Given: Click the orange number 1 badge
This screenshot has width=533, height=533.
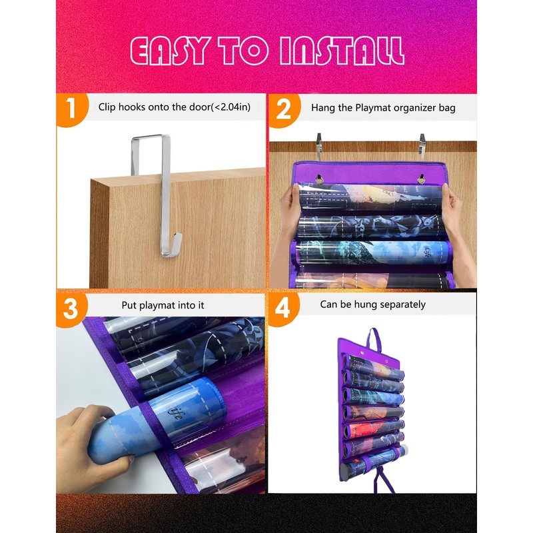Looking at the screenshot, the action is [x=72, y=109].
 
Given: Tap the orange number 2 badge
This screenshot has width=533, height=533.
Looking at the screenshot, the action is [x=284, y=110].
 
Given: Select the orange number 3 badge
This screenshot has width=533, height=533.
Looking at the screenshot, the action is [x=71, y=309].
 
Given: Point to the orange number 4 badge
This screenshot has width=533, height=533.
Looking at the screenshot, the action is [x=283, y=308].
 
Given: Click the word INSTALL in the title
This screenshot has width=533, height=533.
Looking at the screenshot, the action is [x=342, y=51].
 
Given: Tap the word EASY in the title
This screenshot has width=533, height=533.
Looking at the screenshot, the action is [x=169, y=51].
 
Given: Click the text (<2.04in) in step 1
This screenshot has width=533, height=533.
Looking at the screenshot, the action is [x=231, y=107].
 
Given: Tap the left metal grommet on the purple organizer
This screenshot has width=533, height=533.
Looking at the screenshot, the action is [x=319, y=179].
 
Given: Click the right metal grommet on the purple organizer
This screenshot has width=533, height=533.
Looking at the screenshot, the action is [x=421, y=179].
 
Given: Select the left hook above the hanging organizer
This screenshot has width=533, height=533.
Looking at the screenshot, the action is [x=318, y=146].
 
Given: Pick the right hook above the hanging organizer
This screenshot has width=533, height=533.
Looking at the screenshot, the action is [x=422, y=147].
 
